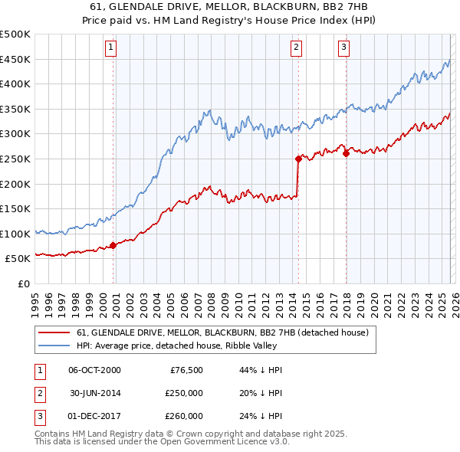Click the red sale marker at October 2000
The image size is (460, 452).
(113, 245)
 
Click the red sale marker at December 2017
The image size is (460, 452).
(346, 153)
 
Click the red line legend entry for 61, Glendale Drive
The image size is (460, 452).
(222, 332)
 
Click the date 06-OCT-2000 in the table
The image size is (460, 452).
(94, 370)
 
